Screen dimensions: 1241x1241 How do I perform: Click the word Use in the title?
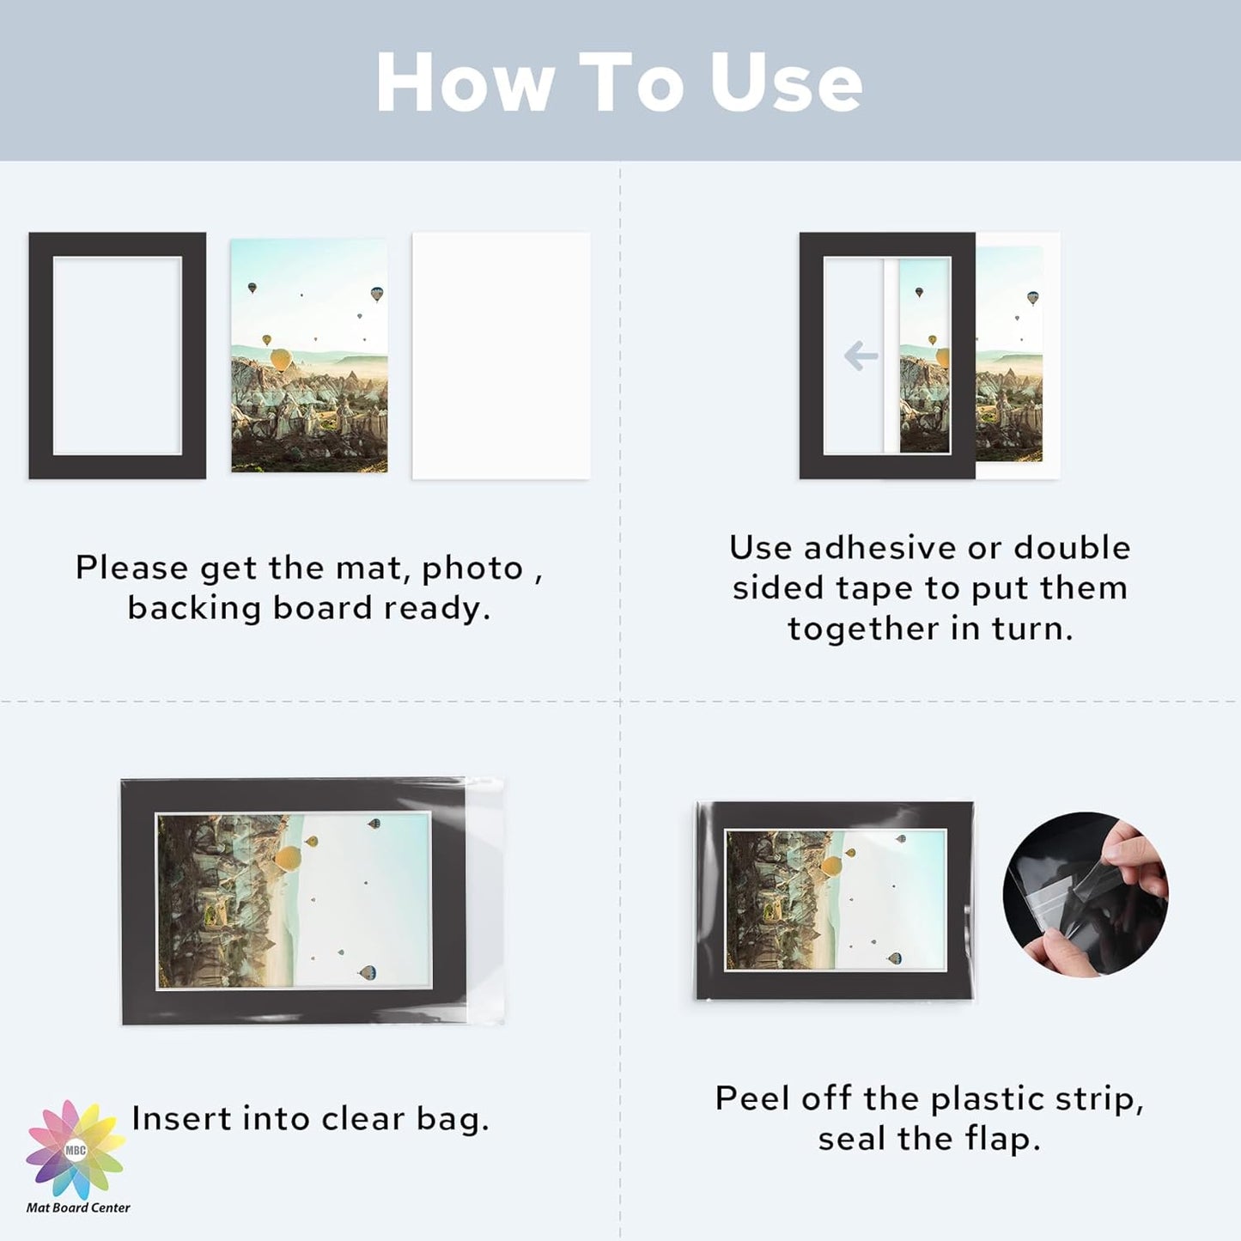tap(787, 82)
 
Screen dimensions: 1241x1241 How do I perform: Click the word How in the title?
tap(465, 82)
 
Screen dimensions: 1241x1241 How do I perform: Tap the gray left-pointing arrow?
tap(861, 356)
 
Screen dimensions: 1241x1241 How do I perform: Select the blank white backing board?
tap(501, 356)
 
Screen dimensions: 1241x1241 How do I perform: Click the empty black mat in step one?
tap(41, 356)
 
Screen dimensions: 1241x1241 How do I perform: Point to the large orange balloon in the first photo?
tap(282, 360)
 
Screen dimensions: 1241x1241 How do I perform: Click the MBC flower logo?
tap(76, 1150)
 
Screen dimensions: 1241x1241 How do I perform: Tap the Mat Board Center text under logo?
tap(78, 1208)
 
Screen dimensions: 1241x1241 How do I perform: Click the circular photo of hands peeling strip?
tap(1086, 895)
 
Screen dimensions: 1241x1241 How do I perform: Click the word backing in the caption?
tap(194, 609)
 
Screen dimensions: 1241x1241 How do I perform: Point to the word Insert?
tap(181, 1119)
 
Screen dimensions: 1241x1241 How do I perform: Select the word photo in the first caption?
tap(472, 569)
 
